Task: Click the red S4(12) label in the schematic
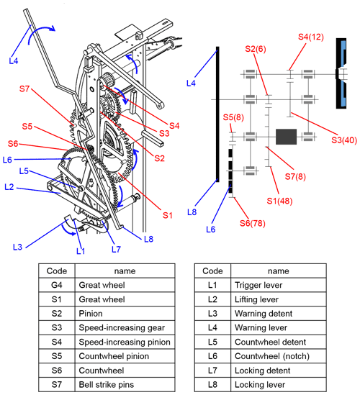(x=311, y=37)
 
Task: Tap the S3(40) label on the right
(x=344, y=140)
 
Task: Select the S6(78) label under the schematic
(x=252, y=223)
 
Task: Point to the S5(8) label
(x=233, y=117)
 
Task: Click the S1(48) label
(x=279, y=201)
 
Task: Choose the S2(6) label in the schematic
(x=256, y=49)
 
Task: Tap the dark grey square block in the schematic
(x=286, y=137)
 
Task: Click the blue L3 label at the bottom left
(x=18, y=247)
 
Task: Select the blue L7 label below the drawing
(x=116, y=249)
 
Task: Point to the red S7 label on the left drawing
(x=24, y=88)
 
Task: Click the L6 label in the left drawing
(x=7, y=160)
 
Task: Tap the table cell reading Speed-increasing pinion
(x=125, y=342)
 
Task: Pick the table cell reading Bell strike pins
(x=125, y=384)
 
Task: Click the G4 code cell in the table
(x=57, y=285)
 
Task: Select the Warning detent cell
(x=279, y=314)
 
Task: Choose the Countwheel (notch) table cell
(x=279, y=356)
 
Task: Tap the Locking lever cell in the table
(x=279, y=384)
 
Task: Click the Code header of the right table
(x=212, y=271)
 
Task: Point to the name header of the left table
(x=125, y=271)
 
